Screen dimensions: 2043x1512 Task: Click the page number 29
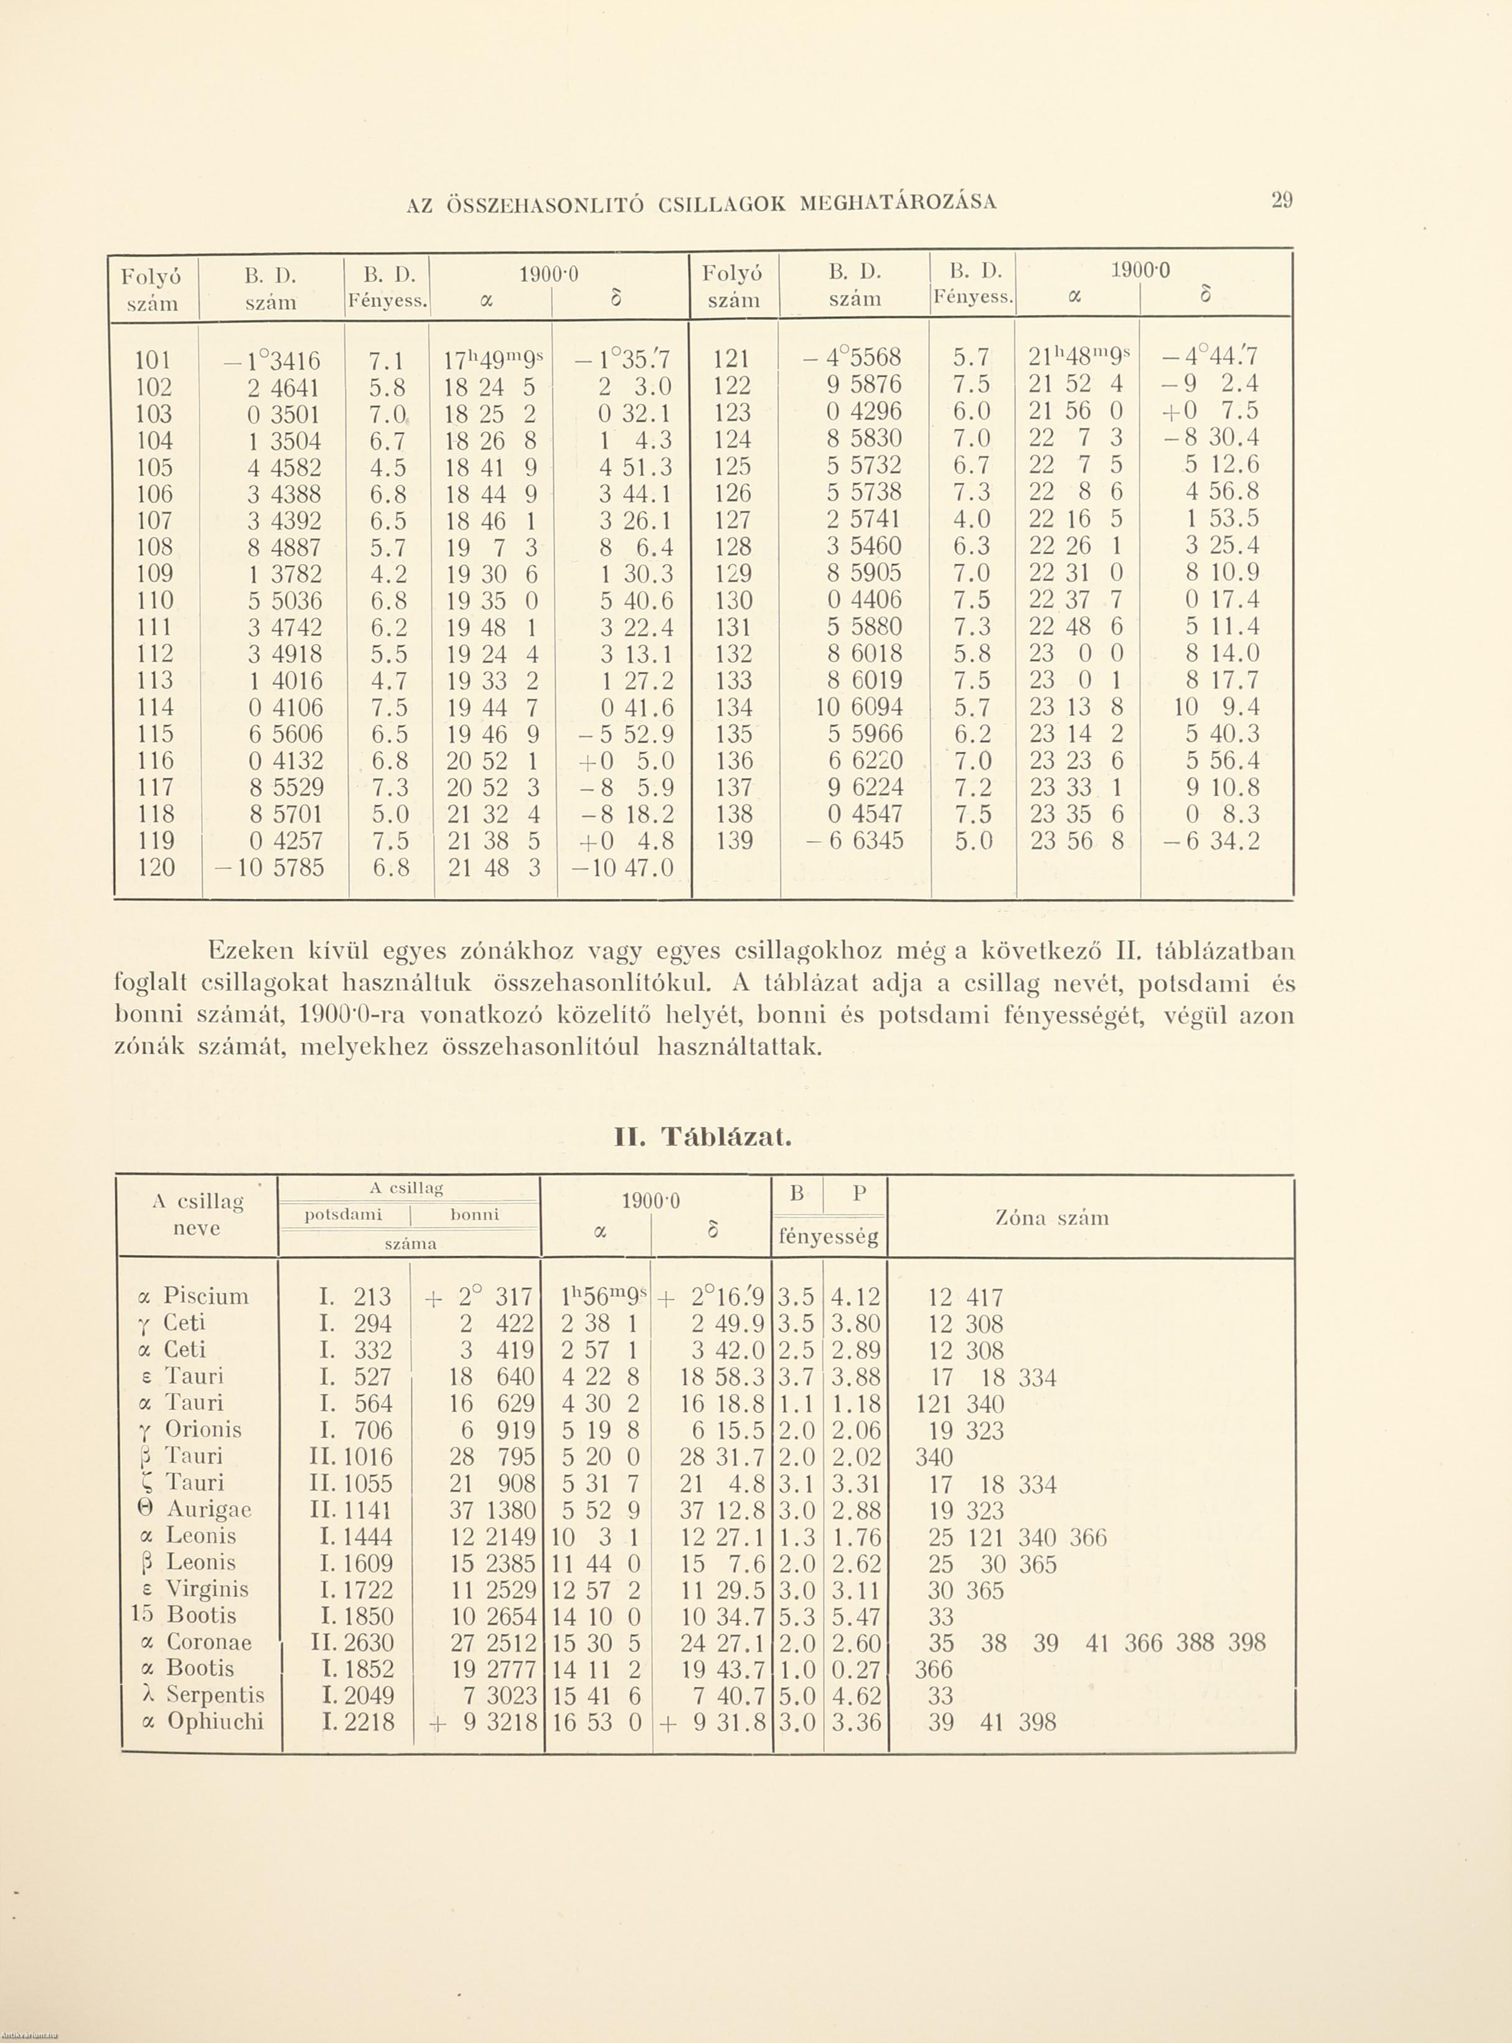(x=1281, y=201)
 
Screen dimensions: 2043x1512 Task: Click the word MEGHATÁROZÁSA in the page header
(x=898, y=202)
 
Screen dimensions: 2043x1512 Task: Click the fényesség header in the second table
(x=829, y=1238)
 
